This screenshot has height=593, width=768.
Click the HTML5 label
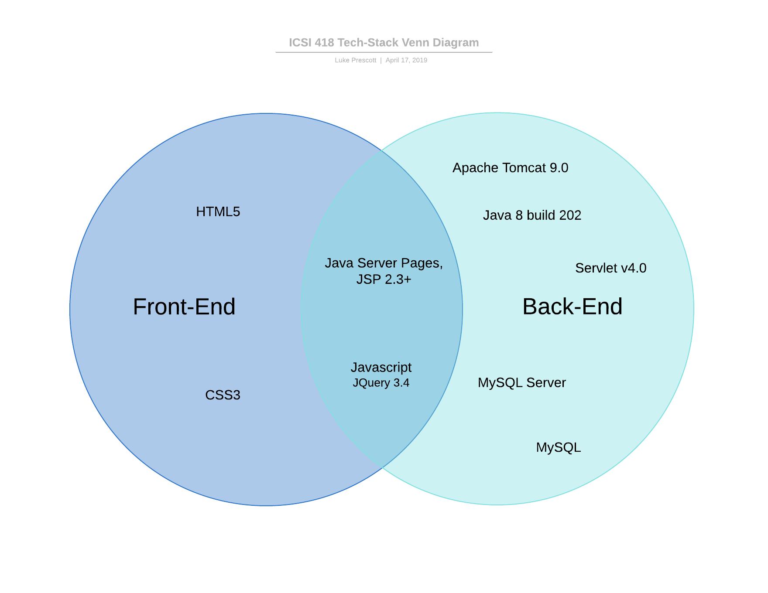[218, 212]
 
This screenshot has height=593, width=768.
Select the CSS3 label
[223, 395]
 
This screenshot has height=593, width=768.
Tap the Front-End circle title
[184, 307]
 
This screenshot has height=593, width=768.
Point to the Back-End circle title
[572, 307]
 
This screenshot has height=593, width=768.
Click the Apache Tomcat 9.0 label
[510, 168]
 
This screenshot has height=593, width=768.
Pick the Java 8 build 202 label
[532, 215]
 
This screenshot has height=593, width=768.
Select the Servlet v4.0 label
[610, 268]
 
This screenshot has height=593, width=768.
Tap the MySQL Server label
[521, 383]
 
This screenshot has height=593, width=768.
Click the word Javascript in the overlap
[381, 368]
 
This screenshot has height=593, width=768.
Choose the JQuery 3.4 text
[381, 383]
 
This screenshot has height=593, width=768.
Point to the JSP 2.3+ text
[384, 279]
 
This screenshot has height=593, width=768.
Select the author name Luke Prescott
[355, 60]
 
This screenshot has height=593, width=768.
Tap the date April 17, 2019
[406, 60]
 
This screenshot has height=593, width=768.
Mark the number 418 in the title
[324, 43]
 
